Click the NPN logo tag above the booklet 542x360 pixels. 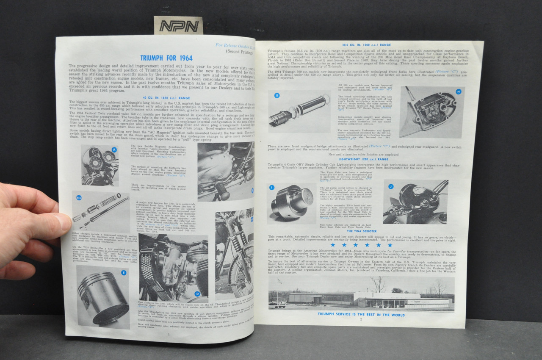(178, 26)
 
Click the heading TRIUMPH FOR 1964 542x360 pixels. (166, 58)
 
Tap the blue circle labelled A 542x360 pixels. (114, 150)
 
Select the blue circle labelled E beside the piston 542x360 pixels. (123, 273)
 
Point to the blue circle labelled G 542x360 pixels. (277, 95)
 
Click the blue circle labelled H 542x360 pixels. (458, 91)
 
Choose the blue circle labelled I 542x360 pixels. (272, 187)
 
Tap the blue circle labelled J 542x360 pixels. (391, 186)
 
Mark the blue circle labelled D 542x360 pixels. (197, 294)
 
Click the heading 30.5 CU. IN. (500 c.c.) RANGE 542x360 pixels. (366, 44)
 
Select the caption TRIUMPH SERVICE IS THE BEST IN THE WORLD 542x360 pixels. (361, 315)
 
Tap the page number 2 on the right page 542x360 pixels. (361, 320)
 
